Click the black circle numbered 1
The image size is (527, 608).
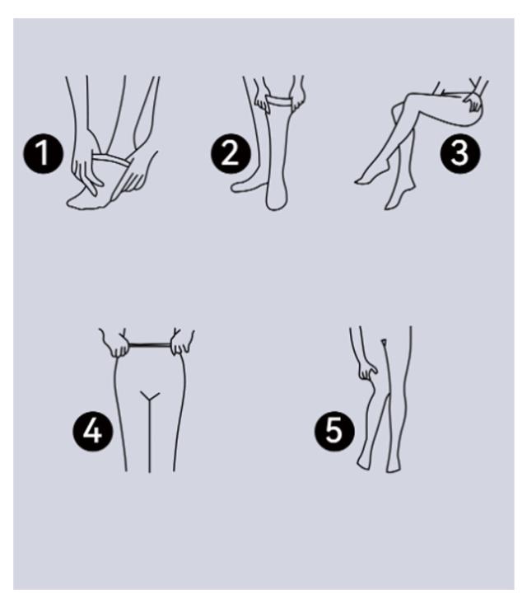(x=44, y=153)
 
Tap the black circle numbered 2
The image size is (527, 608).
(x=231, y=153)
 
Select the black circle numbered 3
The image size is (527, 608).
(x=460, y=153)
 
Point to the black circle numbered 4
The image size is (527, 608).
(x=93, y=431)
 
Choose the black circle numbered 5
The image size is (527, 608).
(x=334, y=431)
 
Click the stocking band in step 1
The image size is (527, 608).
(x=110, y=160)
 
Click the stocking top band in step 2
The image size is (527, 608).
(x=279, y=101)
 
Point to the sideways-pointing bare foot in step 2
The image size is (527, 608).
(x=248, y=185)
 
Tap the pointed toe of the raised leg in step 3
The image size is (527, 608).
(x=357, y=181)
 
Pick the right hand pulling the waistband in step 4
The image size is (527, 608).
(x=182, y=343)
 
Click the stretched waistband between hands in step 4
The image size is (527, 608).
(x=149, y=344)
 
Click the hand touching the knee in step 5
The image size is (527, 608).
(x=366, y=370)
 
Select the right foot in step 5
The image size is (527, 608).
(x=392, y=465)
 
